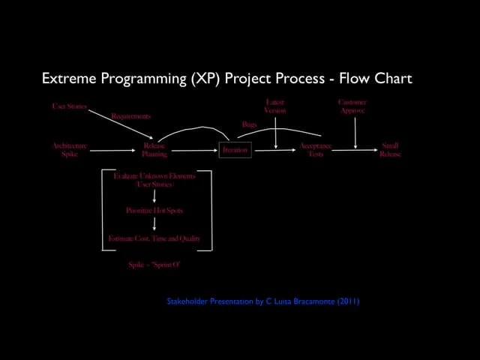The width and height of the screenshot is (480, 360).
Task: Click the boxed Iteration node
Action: point(235,151)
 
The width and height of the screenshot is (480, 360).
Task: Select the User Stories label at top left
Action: point(69,106)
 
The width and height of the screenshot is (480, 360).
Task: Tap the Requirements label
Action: point(130,116)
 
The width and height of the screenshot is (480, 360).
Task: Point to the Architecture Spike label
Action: point(69,150)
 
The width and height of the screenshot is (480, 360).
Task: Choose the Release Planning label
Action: point(154,150)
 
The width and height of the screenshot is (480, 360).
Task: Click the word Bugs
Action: point(249,124)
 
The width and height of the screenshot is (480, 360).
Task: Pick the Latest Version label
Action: point(275,106)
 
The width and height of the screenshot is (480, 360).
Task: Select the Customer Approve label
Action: point(352,106)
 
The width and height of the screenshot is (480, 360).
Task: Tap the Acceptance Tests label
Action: point(315,150)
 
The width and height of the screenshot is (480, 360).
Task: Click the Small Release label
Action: point(390,150)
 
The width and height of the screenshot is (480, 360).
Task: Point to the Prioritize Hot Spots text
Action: point(154,211)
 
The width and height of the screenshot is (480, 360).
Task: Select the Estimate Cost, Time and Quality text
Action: point(154,238)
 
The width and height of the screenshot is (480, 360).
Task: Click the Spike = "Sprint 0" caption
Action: point(154,265)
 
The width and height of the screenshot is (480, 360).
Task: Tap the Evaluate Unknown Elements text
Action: point(154,180)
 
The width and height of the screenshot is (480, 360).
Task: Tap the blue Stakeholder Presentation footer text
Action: point(262,301)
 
